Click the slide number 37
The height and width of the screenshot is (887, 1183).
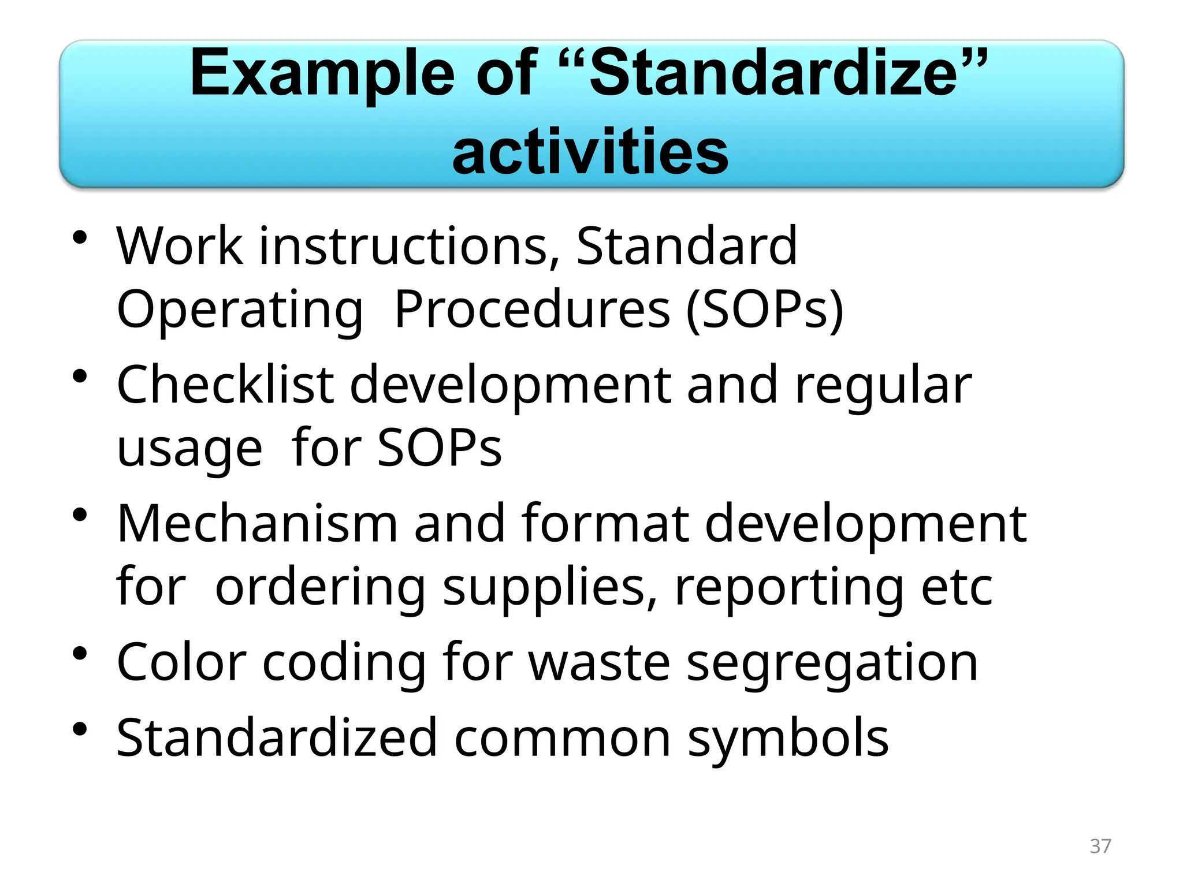[1100, 846]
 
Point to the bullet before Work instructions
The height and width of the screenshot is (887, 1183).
[80, 238]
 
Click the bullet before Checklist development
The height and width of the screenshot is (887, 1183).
[80, 377]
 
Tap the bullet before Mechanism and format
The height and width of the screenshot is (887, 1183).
[80, 515]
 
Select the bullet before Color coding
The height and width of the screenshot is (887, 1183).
[80, 654]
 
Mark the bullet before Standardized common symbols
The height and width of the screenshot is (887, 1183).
[80, 729]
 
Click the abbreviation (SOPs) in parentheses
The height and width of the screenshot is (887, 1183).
[765, 310]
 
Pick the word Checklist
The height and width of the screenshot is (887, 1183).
[225, 385]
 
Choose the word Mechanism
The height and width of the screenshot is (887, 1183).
[257, 523]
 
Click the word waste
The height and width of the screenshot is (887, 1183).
[599, 663]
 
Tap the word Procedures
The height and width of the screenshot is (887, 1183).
[532, 310]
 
